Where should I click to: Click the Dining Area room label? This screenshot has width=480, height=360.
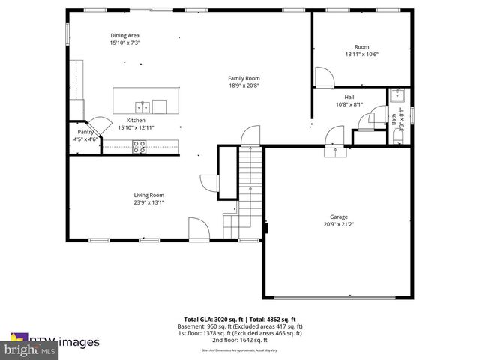[125, 35]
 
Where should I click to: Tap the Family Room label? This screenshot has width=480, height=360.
[244, 78]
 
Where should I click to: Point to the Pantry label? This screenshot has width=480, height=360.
[85, 132]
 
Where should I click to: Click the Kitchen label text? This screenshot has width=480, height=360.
[136, 120]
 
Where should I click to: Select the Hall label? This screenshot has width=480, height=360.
[349, 97]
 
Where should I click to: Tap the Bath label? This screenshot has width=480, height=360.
[394, 118]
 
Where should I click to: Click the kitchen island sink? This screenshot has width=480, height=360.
[142, 105]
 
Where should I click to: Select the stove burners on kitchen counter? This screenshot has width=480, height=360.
[139, 148]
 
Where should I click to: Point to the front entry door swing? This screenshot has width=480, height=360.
[198, 227]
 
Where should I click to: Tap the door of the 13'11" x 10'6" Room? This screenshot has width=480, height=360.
[324, 76]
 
